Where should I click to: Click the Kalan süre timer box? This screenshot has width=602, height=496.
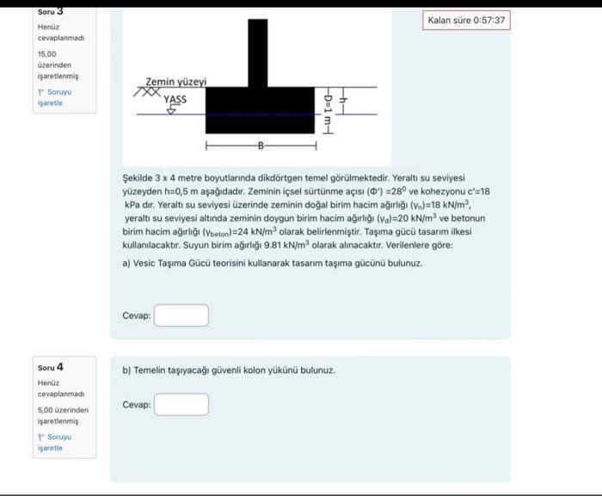pyautogui.click(x=467, y=20)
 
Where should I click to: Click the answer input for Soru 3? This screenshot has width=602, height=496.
pyautogui.click(x=181, y=315)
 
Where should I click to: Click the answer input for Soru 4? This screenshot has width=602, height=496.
pyautogui.click(x=181, y=404)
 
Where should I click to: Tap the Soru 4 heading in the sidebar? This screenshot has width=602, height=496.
pyautogui.click(x=50, y=367)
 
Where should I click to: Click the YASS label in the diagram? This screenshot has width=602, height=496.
pyautogui.click(x=174, y=98)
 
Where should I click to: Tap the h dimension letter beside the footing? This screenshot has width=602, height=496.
pyautogui.click(x=342, y=99)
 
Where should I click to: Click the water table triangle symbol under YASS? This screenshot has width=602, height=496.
pyautogui.click(x=169, y=110)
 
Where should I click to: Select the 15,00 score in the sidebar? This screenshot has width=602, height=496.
pyautogui.click(x=46, y=53)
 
